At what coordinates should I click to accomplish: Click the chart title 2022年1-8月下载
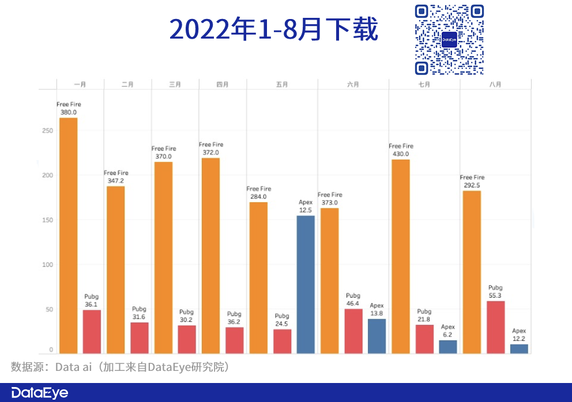(x=273, y=29)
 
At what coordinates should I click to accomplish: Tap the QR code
(x=449, y=40)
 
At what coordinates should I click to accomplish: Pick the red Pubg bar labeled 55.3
(x=495, y=327)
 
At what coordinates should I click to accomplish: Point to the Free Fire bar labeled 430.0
(x=400, y=256)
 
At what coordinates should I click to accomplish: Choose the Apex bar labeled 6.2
(x=448, y=347)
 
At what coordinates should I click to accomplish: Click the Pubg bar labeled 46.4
(x=353, y=331)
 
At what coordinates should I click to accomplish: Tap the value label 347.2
(x=116, y=181)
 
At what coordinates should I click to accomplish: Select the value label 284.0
(x=258, y=197)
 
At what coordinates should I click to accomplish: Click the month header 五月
(x=282, y=85)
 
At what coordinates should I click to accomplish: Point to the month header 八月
(x=495, y=85)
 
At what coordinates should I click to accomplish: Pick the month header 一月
(x=80, y=85)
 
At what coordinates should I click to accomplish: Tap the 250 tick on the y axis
(x=47, y=131)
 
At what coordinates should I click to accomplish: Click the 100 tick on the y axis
(x=47, y=265)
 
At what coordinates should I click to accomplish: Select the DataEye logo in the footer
(x=40, y=393)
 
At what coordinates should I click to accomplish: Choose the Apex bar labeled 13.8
(x=377, y=336)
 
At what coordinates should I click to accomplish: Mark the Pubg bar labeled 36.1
(x=92, y=331)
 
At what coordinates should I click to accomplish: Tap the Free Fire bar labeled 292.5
(x=471, y=272)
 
